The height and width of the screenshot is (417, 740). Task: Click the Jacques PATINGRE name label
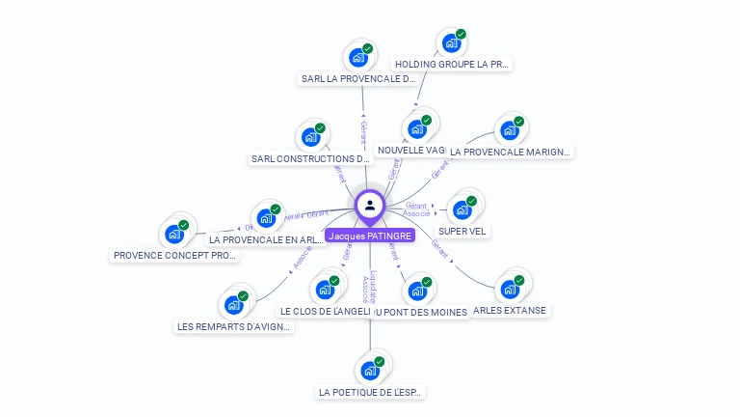(x=370, y=236)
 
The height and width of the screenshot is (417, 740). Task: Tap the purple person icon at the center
(x=370, y=205)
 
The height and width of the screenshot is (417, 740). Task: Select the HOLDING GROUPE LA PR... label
(x=452, y=65)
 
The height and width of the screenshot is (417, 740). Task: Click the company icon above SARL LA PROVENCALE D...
(x=358, y=57)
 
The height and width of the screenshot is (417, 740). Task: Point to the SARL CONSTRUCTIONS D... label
(x=310, y=158)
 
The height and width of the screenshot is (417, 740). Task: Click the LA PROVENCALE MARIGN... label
(x=511, y=152)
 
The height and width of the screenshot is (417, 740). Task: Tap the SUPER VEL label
(x=462, y=232)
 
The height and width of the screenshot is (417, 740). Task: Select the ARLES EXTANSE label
(x=511, y=311)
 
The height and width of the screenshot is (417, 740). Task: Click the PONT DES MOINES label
(x=421, y=312)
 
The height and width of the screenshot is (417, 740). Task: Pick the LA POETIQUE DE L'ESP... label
(x=371, y=393)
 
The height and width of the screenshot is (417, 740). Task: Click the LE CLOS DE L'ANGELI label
(x=325, y=312)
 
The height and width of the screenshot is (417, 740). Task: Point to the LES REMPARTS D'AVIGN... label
(x=234, y=327)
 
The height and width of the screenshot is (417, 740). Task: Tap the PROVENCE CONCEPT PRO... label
(x=174, y=256)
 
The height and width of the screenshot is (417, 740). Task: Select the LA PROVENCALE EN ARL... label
(x=267, y=239)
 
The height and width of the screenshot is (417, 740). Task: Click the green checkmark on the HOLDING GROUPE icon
(x=461, y=34)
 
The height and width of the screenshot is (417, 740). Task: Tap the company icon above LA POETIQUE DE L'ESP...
(x=370, y=370)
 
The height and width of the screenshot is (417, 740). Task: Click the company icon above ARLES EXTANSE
(x=510, y=288)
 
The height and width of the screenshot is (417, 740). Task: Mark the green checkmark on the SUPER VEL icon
(x=471, y=201)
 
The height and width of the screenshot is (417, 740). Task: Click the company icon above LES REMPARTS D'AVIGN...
(x=233, y=304)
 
